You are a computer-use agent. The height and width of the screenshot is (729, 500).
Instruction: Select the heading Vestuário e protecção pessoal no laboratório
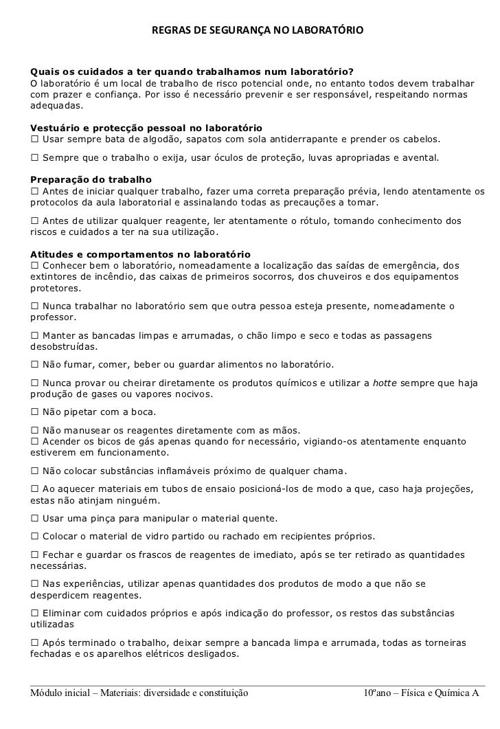(146, 128)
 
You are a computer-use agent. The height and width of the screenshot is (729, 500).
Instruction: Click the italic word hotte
(385, 383)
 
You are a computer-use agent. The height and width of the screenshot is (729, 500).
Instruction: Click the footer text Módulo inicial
(62, 693)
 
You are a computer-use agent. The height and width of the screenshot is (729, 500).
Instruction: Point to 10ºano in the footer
(380, 693)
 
